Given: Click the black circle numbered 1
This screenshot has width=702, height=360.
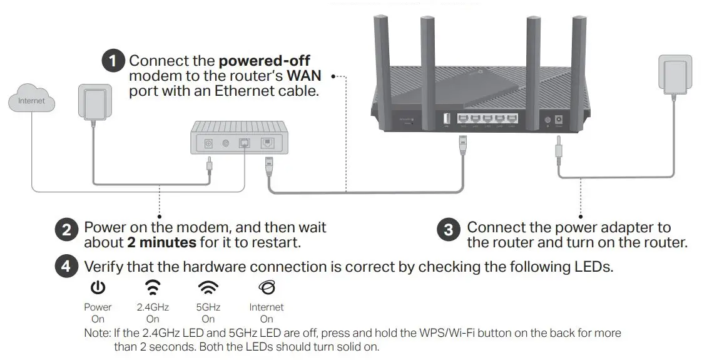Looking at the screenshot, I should [x=113, y=61].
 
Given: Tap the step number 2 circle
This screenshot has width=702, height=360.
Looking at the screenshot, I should [x=67, y=230].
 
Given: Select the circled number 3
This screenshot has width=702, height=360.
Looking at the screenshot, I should [x=449, y=230].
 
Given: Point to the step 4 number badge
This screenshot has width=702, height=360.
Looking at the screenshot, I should [x=67, y=267].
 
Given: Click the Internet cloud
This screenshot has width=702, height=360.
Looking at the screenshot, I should [x=31, y=100].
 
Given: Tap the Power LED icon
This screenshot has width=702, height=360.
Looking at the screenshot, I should [x=98, y=287].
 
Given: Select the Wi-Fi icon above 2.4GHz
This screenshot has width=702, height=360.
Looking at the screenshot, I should [x=153, y=287].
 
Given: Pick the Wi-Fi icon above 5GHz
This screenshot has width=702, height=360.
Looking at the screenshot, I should [x=208, y=287].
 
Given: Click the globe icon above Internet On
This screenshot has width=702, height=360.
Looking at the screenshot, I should [x=267, y=287].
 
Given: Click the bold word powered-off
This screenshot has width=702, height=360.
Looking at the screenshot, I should [x=264, y=61].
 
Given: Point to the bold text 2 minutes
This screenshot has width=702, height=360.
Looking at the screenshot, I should [x=161, y=242].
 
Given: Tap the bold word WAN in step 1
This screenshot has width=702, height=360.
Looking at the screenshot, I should [x=303, y=76].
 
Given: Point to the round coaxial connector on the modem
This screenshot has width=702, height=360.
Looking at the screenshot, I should [x=225, y=143].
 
